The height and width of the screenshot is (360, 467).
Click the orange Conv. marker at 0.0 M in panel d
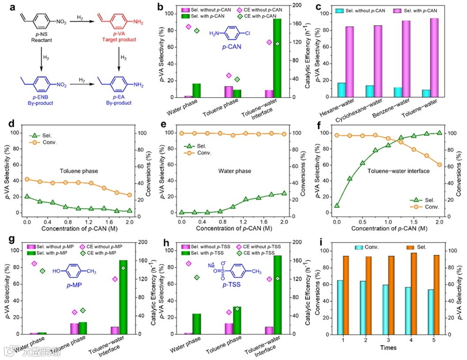pos(27,179)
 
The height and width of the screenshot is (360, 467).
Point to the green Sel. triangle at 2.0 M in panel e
pos(284,193)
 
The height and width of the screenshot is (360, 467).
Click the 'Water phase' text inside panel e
pos(235,171)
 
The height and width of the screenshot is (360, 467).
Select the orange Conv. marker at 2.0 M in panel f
pos(440,165)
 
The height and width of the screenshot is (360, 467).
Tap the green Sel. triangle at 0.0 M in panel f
pos(337,205)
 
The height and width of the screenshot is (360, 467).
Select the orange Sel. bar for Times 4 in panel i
pos(414,293)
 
